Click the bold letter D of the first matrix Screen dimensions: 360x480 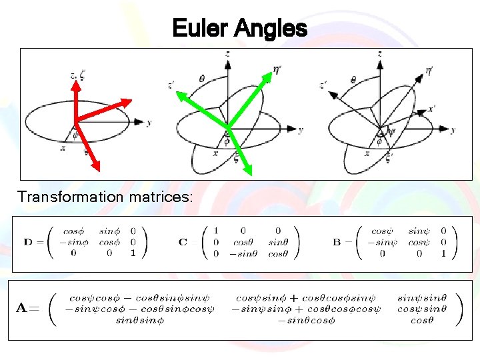[28, 241]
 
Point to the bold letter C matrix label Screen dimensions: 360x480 [183, 241]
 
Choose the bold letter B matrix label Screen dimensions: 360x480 [337, 241]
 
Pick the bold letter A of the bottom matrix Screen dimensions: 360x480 [22, 308]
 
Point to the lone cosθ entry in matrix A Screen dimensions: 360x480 [421, 321]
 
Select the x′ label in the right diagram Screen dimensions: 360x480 [433, 108]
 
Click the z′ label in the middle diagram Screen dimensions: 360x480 [172, 85]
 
